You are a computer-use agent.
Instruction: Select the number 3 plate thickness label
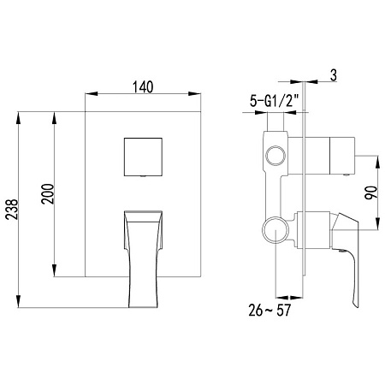pyautogui.click(x=332, y=75)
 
